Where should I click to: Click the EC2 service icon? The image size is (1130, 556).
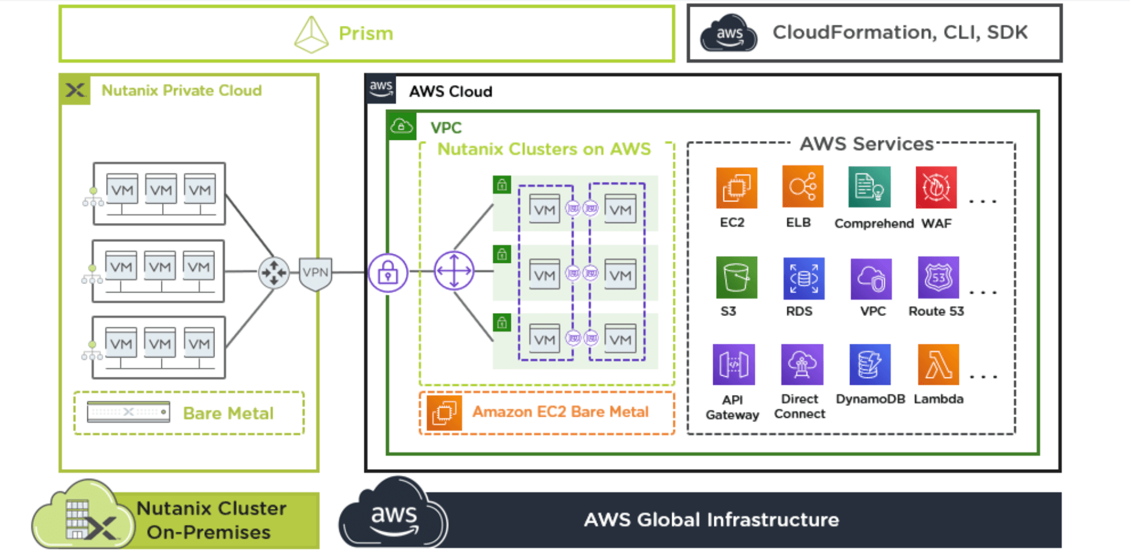tap(736, 188)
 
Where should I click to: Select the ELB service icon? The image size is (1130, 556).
tap(802, 186)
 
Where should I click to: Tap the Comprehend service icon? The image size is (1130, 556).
tap(869, 187)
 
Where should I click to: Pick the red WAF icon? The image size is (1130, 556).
tap(936, 187)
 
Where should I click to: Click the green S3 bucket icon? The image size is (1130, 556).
tap(736, 277)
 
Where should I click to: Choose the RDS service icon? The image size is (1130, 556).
tap(804, 278)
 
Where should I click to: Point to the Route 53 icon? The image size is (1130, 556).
tap(938, 277)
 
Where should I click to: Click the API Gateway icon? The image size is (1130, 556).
tap(734, 364)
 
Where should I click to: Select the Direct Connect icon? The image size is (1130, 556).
tap(802, 364)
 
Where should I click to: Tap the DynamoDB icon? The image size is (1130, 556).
tap(870, 364)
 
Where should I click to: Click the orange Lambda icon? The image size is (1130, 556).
tap(938, 364)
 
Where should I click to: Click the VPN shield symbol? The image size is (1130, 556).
tap(316, 273)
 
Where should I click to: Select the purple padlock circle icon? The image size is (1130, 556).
tap(388, 273)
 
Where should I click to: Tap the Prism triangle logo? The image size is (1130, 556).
tap(311, 34)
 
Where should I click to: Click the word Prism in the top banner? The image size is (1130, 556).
tap(366, 34)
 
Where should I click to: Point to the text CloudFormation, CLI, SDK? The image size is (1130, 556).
tap(900, 33)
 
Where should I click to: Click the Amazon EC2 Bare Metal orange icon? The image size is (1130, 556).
tap(444, 412)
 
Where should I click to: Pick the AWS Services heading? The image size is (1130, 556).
tap(866, 144)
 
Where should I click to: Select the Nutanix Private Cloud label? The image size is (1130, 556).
tap(181, 90)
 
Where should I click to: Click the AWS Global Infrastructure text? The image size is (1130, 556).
tap(711, 520)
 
